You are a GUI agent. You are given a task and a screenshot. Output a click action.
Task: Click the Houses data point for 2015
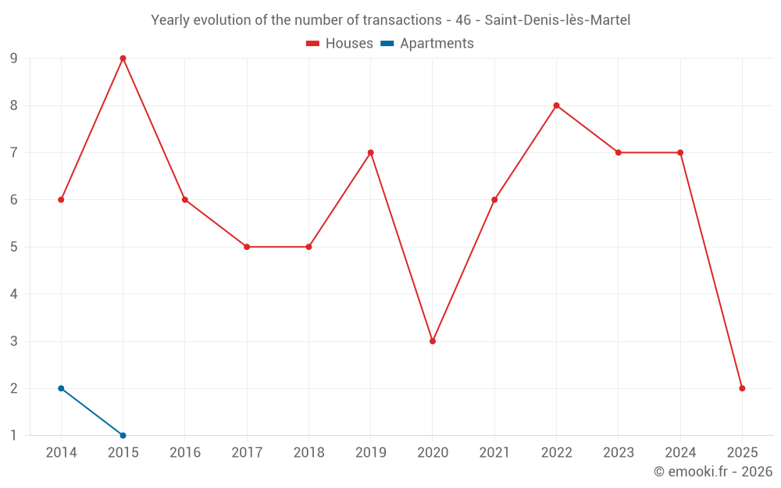tap(123, 59)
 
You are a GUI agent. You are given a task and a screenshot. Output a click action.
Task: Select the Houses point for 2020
tap(433, 341)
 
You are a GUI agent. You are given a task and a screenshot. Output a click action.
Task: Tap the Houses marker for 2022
tap(556, 105)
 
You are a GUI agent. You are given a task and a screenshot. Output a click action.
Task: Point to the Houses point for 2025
tap(742, 388)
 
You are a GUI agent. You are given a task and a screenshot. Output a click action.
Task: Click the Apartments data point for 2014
tap(61, 388)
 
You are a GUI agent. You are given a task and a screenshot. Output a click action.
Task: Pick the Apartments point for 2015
tap(123, 435)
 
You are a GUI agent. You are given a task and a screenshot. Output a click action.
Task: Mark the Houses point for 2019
tap(370, 152)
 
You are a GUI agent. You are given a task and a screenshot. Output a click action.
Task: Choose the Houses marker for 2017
tap(247, 247)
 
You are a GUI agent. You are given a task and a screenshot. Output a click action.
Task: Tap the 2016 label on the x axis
tap(185, 453)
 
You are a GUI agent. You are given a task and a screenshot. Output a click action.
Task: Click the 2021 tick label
tap(494, 453)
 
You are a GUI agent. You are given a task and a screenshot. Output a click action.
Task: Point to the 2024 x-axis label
tap(680, 453)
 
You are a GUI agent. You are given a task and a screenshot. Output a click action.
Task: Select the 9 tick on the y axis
tap(13, 59)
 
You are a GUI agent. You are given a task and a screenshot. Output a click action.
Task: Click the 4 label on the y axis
tap(13, 294)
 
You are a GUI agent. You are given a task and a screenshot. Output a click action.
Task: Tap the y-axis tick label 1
tap(13, 435)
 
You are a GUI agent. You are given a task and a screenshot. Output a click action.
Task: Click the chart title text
tap(390, 20)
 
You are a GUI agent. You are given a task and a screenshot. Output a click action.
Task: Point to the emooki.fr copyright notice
tap(712, 472)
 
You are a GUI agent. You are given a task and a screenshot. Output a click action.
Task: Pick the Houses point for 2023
tap(619, 152)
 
